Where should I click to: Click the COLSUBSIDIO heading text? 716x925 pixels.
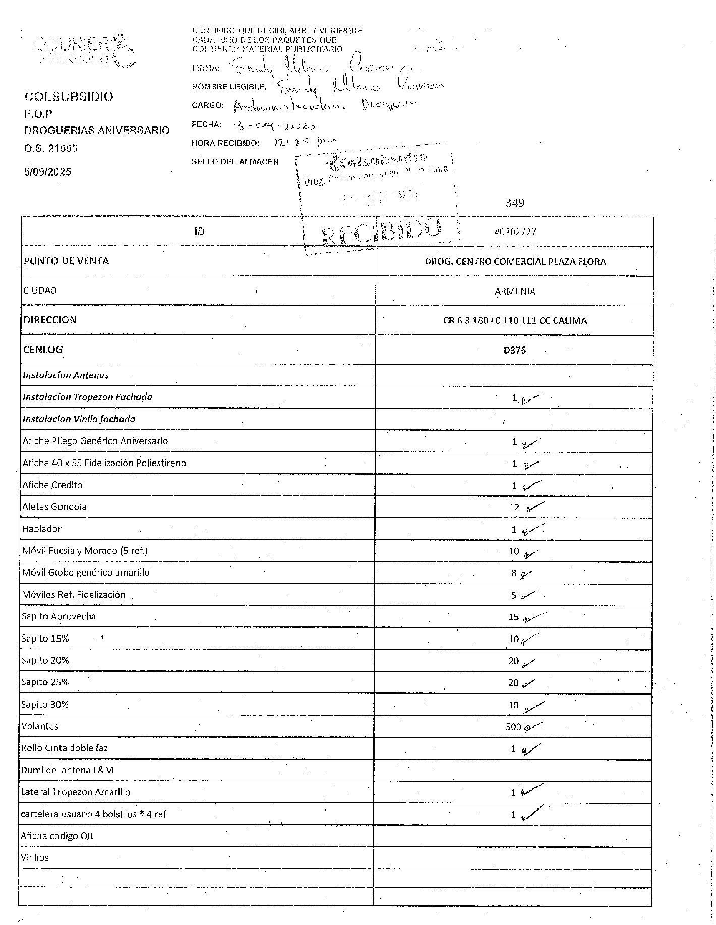69,96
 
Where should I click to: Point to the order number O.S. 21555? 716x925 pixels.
50,148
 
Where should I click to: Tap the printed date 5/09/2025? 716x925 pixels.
47,171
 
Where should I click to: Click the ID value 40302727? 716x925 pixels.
515,232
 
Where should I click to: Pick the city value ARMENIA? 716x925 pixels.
515,291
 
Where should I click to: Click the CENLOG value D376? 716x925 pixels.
514,350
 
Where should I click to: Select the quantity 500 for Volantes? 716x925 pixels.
513,727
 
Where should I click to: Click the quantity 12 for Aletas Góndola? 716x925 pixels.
514,507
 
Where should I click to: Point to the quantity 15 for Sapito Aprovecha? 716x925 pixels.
513,617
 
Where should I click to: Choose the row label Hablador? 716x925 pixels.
41,529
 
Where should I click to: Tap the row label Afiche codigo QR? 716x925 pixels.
56,836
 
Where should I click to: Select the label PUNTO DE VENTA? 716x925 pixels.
66,261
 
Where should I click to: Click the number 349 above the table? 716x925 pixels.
515,203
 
